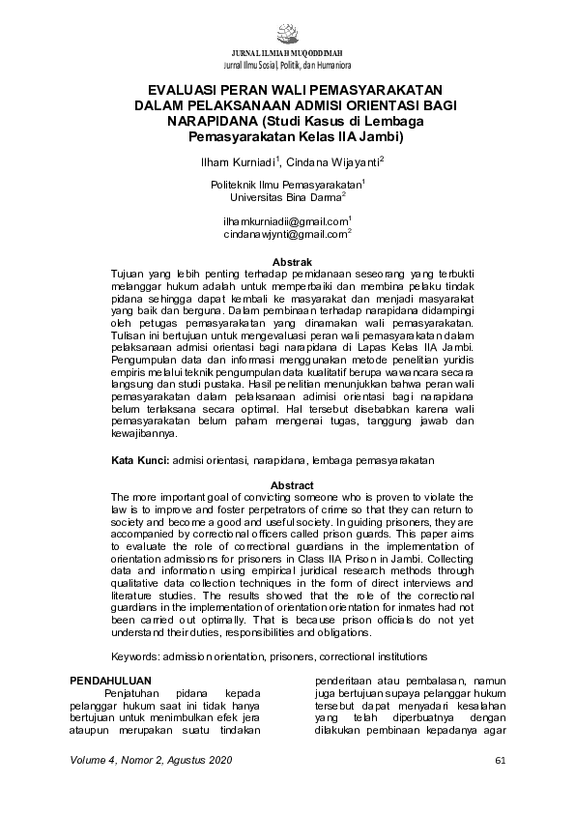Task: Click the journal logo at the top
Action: point(287,31)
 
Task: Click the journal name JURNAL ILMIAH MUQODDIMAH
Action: point(287,52)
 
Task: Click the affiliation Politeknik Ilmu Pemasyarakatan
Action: point(285,184)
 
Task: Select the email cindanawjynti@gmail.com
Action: point(285,234)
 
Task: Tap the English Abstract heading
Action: point(292,485)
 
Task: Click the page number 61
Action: point(500,761)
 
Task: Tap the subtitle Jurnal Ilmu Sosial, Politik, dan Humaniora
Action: point(287,64)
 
